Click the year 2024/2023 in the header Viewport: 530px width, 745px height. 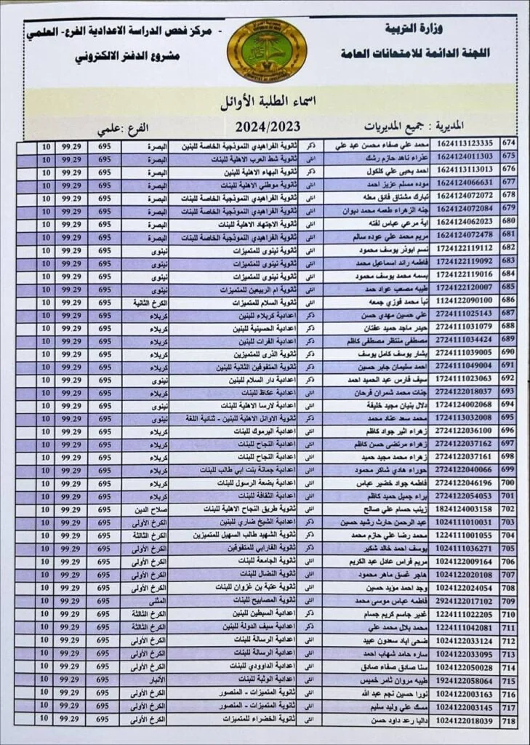point(268,125)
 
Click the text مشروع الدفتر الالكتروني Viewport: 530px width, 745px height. point(127,57)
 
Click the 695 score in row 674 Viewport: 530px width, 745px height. point(103,145)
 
